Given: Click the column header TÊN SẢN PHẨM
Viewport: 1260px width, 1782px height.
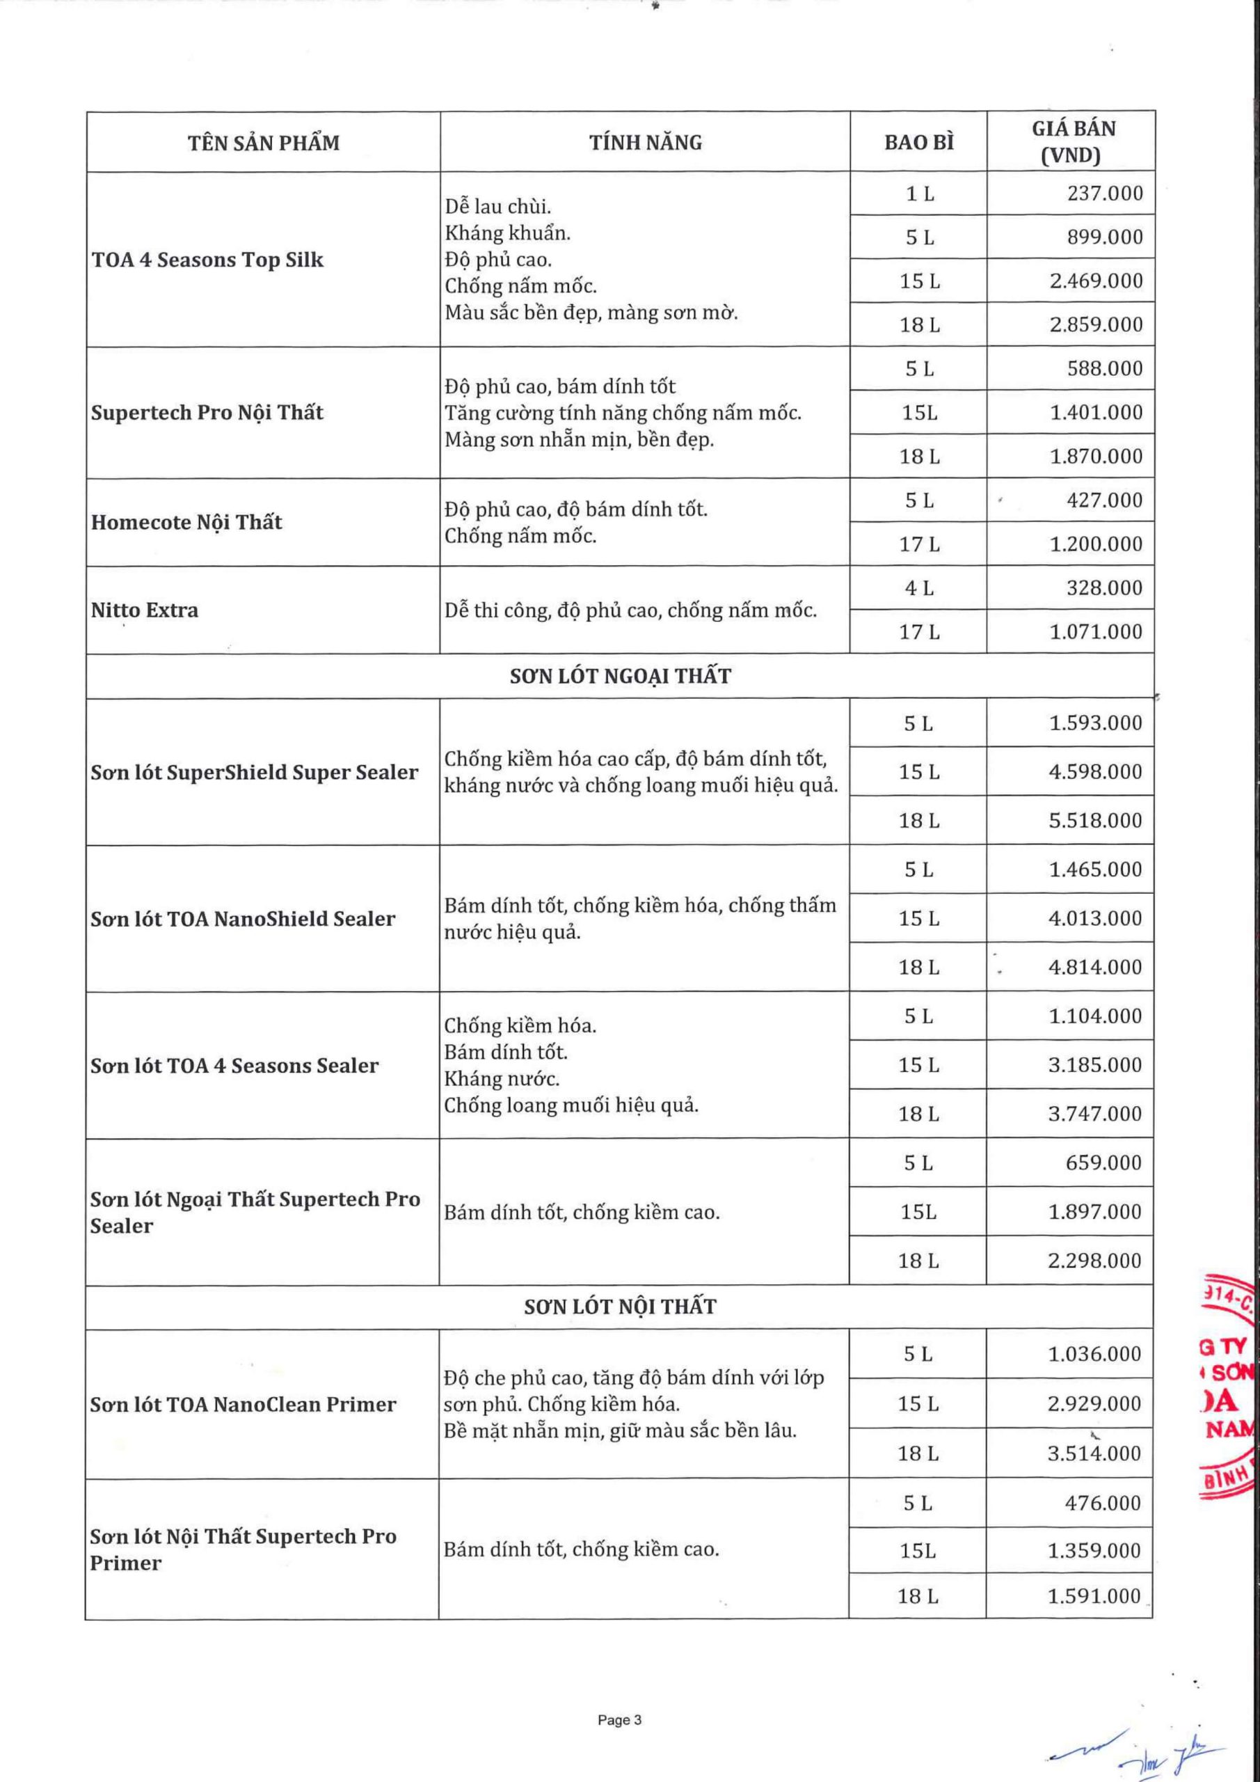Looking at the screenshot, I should [263, 143].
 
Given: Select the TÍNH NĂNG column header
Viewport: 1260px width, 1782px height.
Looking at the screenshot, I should [645, 143].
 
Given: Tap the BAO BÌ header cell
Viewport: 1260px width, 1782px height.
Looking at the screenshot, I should [918, 143].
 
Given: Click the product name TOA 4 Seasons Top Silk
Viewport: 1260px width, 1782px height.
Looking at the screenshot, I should [207, 260].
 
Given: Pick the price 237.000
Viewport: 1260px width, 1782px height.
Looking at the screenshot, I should [1104, 194].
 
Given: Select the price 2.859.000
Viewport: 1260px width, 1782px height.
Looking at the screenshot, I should [1096, 324].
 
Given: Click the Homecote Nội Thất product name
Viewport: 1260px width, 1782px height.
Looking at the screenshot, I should [186, 522].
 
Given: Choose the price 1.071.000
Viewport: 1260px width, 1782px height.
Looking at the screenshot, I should [1096, 632].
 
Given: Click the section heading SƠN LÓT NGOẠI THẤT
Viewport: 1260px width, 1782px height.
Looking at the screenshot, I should [620, 676].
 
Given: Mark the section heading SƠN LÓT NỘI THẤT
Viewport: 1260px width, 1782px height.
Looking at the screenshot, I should [619, 1307].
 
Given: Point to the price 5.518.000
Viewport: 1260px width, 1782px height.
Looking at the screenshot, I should [1094, 821].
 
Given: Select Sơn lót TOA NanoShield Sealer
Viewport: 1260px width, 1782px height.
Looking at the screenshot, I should [243, 919].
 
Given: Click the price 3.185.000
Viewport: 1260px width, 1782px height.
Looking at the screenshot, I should [1094, 1065].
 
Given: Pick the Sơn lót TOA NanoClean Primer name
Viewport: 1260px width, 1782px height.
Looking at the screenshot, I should [243, 1405].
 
